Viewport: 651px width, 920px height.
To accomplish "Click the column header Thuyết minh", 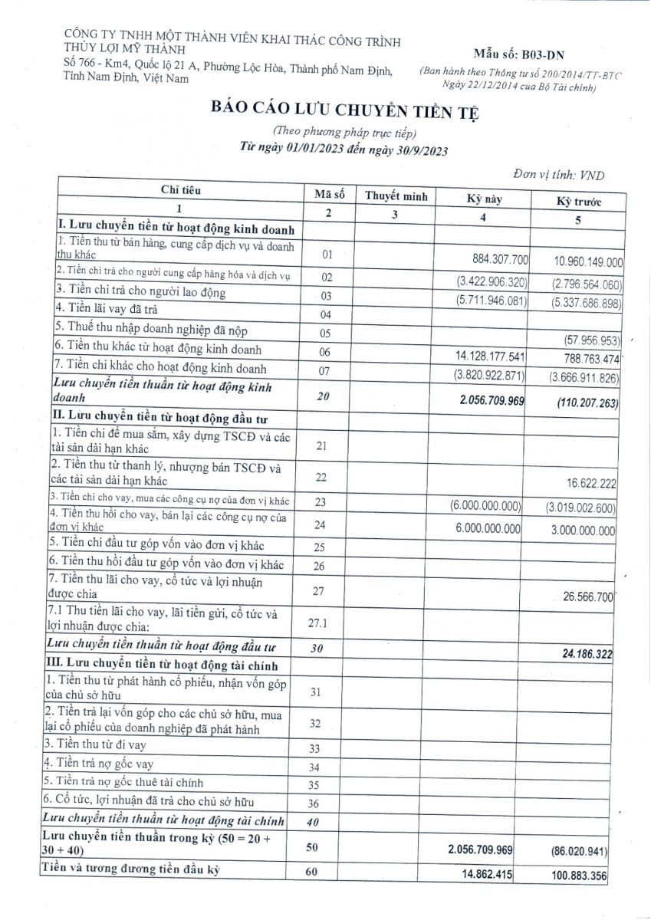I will (396, 196).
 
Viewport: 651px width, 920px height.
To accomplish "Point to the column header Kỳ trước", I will (579, 202).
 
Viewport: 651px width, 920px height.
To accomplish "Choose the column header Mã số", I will (329, 195).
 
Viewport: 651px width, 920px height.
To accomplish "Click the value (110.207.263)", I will (584, 402).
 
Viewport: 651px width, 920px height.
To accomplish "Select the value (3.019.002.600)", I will (580, 508).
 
